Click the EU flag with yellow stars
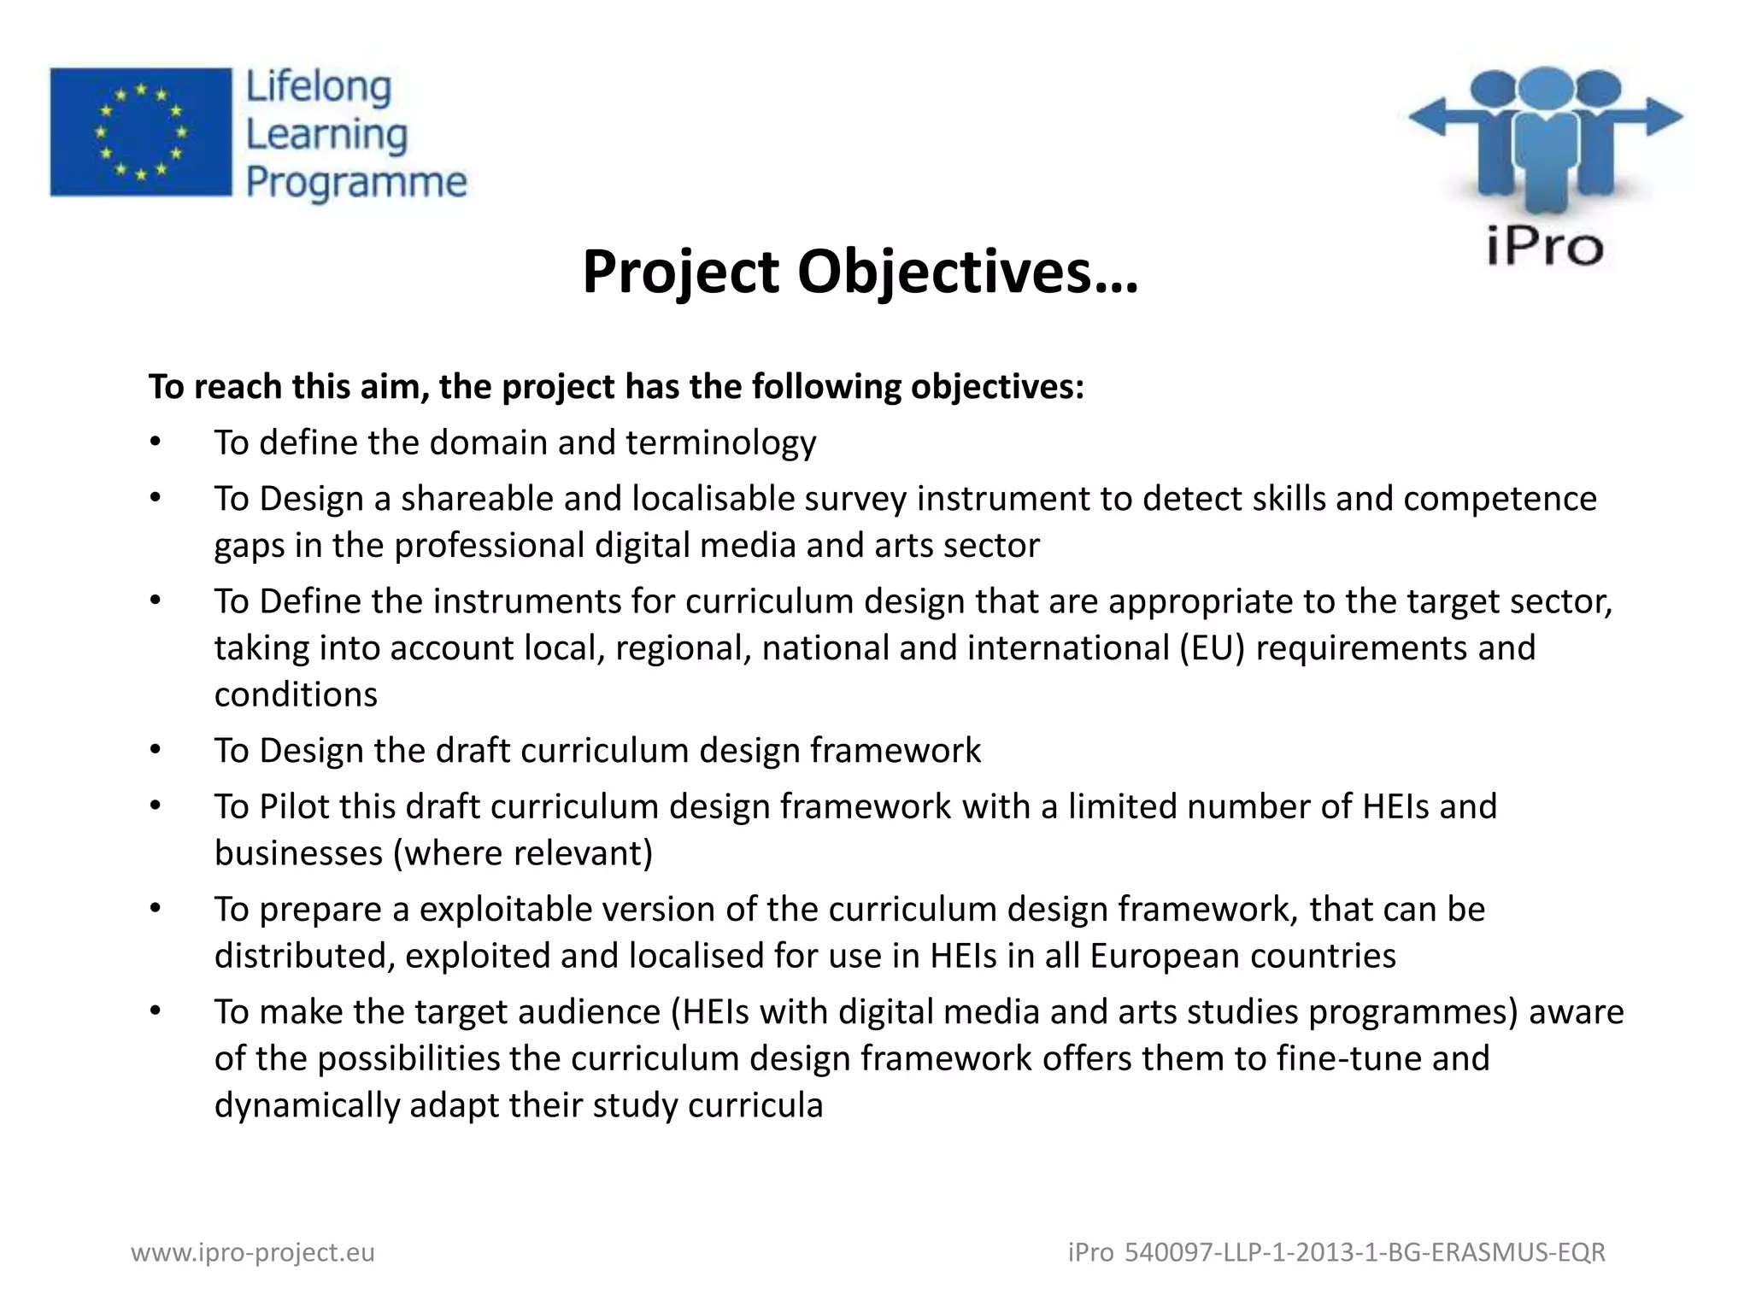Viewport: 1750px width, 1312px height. pos(141,132)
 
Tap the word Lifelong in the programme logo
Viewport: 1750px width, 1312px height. pos(319,88)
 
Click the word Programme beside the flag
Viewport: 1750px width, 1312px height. pos(356,183)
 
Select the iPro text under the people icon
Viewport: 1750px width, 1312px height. pos(1544,247)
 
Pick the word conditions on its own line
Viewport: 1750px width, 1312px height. pos(296,694)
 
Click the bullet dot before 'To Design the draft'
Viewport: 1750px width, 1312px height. pos(155,750)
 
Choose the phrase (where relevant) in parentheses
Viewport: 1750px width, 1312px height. pos(523,853)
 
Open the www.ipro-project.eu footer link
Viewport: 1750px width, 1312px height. pos(253,1252)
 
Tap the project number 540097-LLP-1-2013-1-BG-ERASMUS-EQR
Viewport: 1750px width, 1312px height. pos(1365,1252)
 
